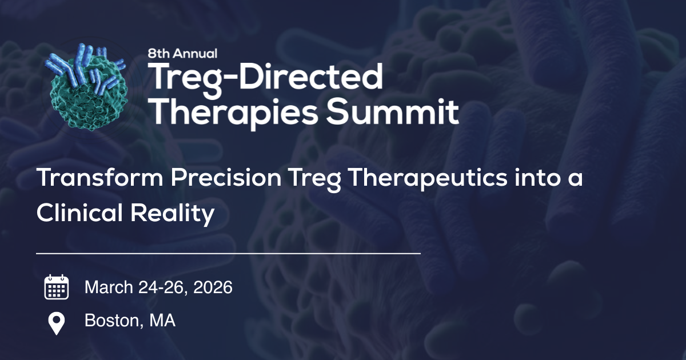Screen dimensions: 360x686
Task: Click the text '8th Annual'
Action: click(182, 54)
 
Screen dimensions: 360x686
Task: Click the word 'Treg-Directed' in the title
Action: click(265, 77)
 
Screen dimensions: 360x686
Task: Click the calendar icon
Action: click(57, 287)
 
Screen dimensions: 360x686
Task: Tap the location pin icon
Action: click(57, 323)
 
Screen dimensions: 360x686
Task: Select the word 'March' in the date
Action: click(109, 287)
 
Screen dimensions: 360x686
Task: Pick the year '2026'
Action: click(213, 287)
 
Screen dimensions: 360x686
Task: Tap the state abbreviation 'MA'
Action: click(162, 321)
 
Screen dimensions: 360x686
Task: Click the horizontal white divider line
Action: click(228, 252)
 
